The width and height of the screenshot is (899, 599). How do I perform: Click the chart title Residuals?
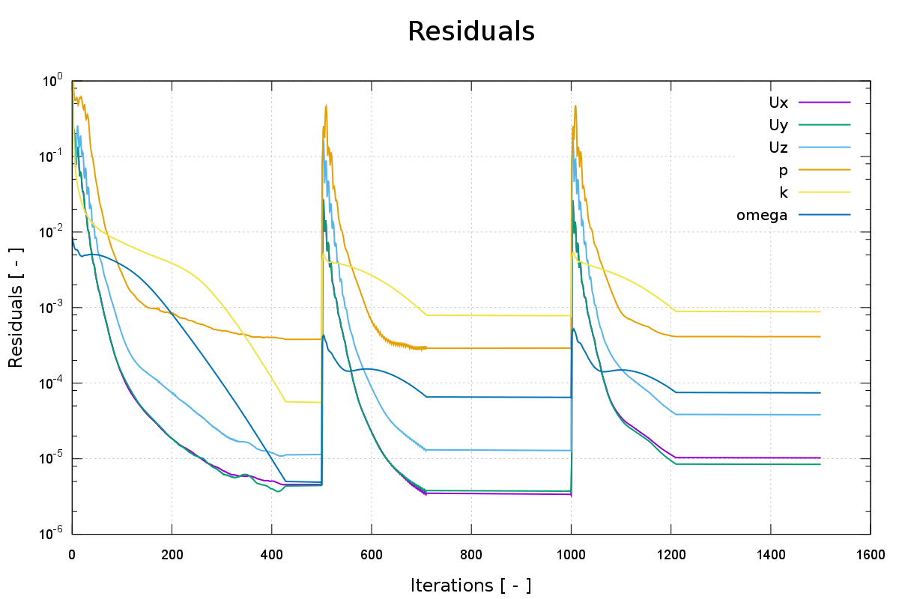(470, 31)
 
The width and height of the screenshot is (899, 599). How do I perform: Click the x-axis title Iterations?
(470, 585)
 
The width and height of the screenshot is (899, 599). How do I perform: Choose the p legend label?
(783, 170)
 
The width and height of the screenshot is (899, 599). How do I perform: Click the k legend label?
(783, 192)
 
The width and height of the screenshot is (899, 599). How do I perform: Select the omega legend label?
(762, 216)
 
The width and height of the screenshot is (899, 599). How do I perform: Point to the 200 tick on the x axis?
(172, 555)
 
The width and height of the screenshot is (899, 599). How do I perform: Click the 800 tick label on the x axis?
(470, 555)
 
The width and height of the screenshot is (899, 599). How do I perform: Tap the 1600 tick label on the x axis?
(870, 555)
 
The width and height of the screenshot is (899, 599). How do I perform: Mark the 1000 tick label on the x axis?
(571, 555)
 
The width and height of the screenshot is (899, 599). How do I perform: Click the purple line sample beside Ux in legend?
(824, 101)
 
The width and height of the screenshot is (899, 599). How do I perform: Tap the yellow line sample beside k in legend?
(824, 192)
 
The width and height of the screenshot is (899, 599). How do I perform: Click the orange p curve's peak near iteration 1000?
(575, 106)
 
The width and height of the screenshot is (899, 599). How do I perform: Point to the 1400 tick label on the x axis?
(770, 555)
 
